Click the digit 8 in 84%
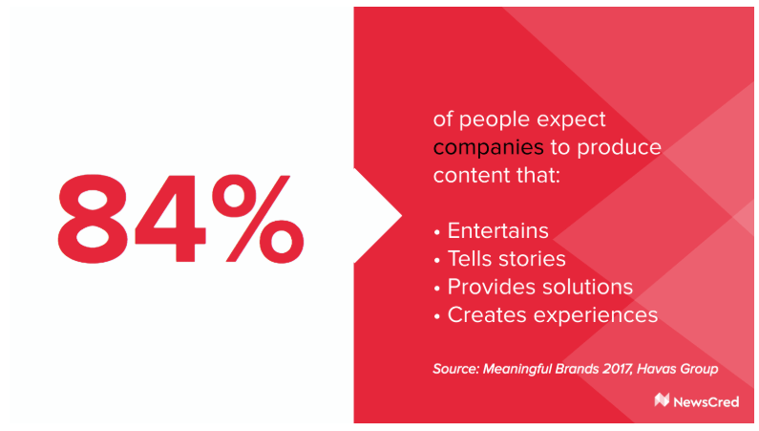pos(93,219)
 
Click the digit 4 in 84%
pos(170,219)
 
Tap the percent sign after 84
pos(258,219)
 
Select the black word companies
pos(488,148)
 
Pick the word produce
pos(619,148)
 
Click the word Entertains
pos(497,230)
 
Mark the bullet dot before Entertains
pos(437,232)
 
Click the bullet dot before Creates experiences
pos(437,316)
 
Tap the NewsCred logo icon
pos(662,400)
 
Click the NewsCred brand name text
pos(706,402)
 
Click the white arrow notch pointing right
pos(377,216)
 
